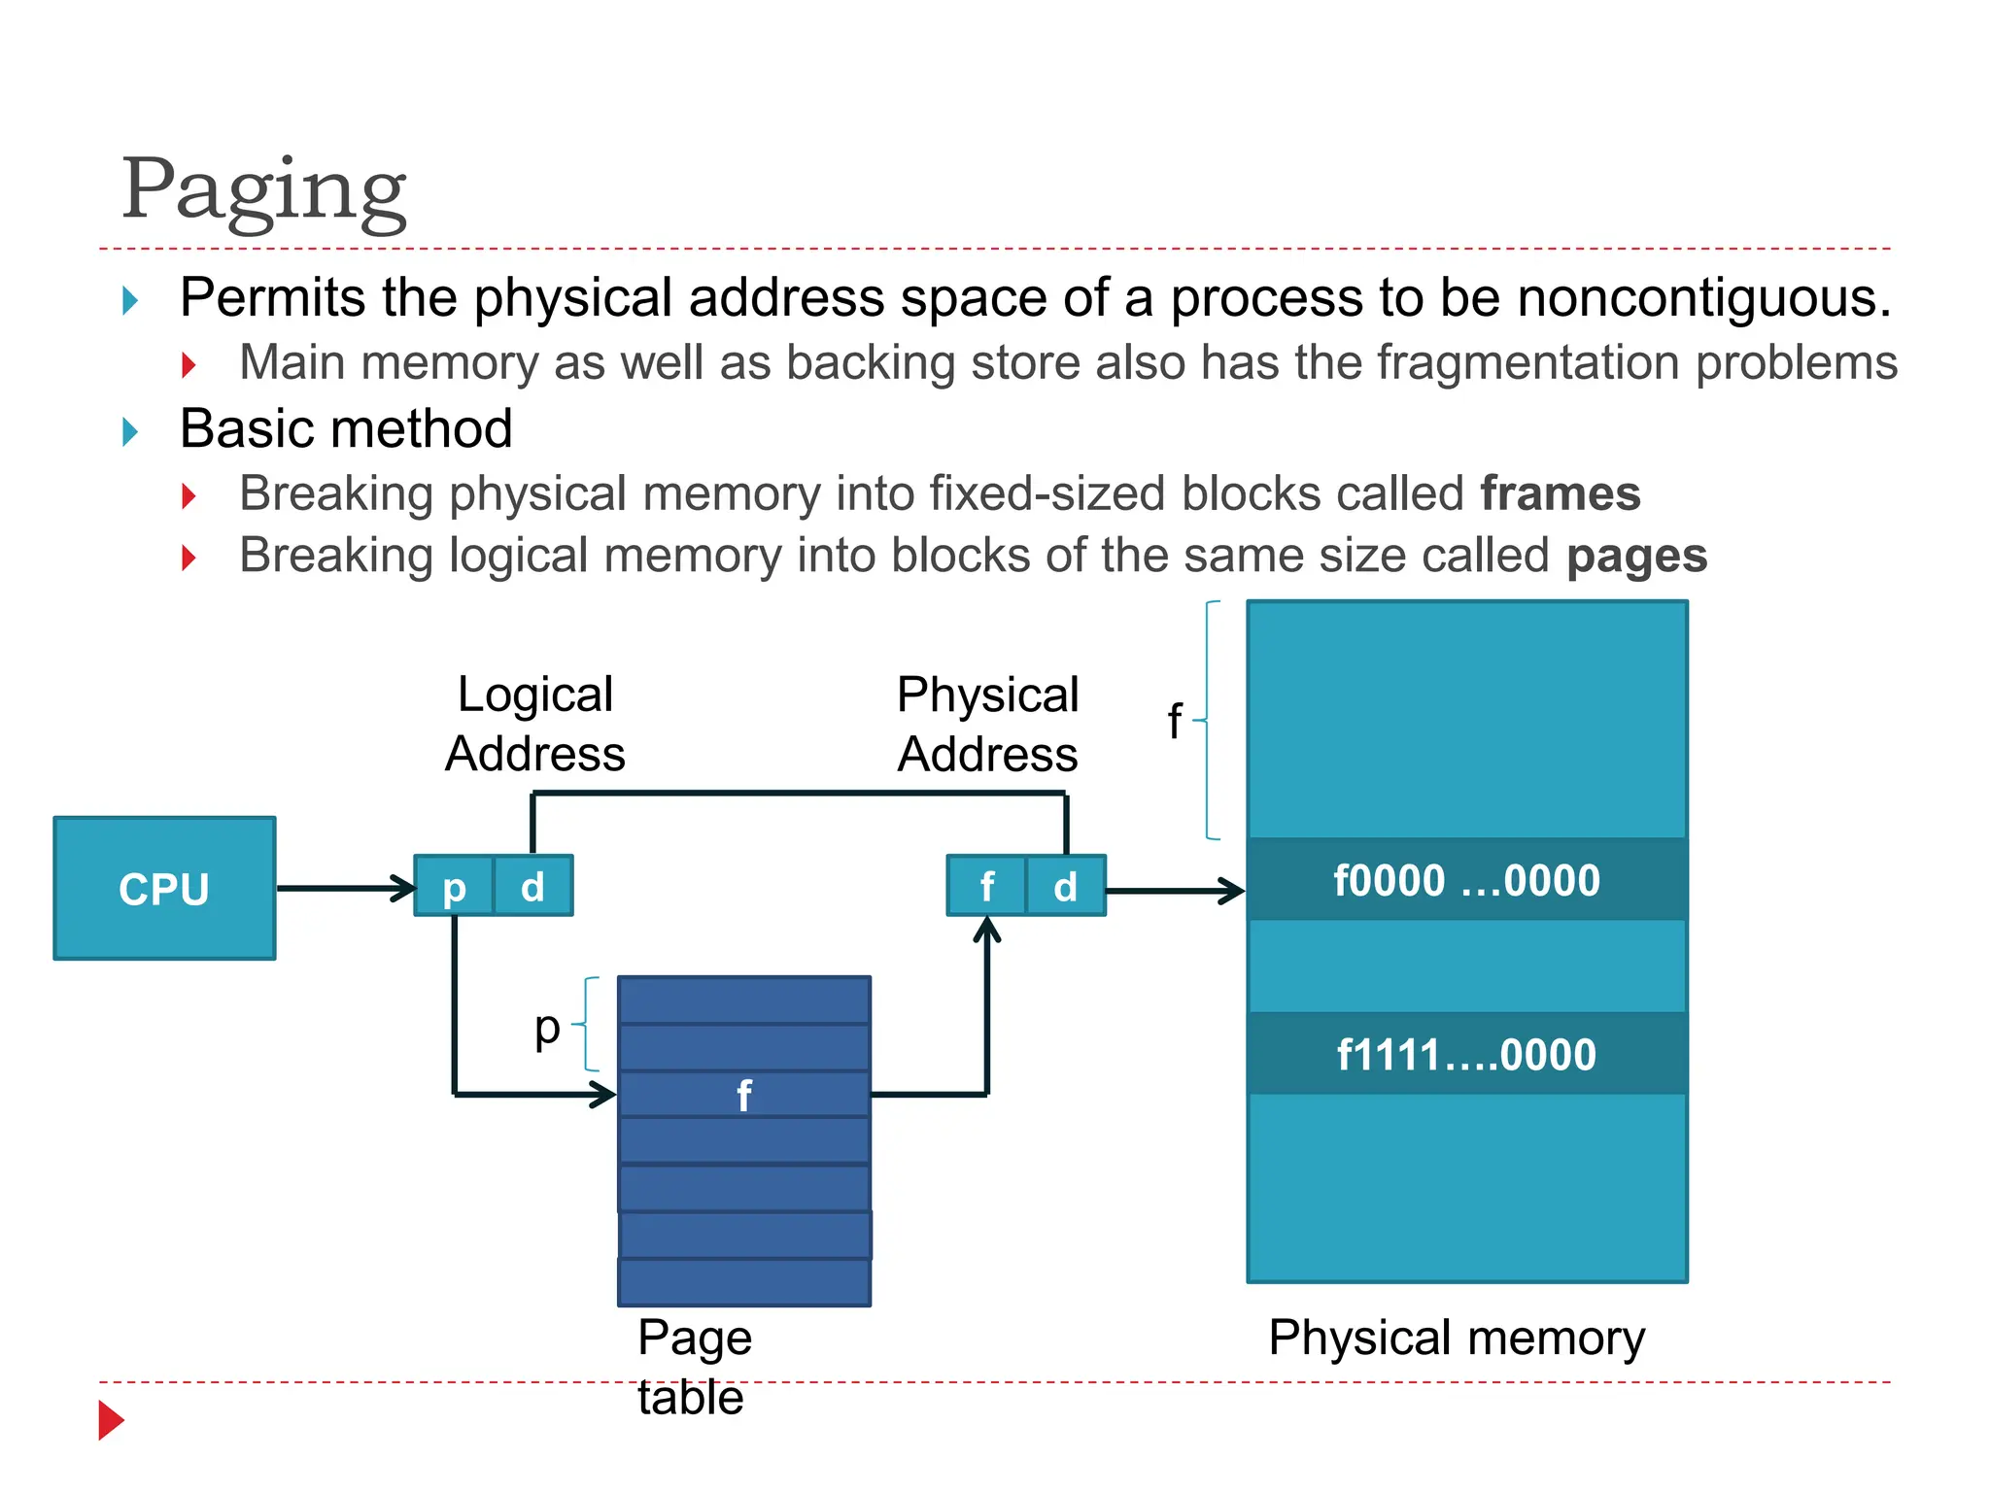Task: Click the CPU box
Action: click(164, 888)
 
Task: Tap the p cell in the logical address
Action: click(454, 886)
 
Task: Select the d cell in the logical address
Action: click(532, 886)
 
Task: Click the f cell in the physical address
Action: click(986, 886)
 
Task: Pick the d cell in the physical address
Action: click(1066, 886)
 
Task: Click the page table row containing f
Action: click(743, 1095)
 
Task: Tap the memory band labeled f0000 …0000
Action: click(1466, 880)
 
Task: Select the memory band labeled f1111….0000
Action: click(1466, 1054)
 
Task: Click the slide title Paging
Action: click(263, 189)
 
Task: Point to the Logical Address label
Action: click(535, 724)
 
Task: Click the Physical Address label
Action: click(987, 724)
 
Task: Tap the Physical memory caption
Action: click(1457, 1338)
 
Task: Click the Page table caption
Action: click(694, 1367)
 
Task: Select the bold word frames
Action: click(1560, 493)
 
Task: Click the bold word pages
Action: click(1636, 556)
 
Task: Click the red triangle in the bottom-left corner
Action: click(111, 1420)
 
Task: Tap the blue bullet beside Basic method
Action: click(130, 431)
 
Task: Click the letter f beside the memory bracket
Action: click(1174, 722)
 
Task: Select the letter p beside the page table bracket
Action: click(547, 1028)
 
